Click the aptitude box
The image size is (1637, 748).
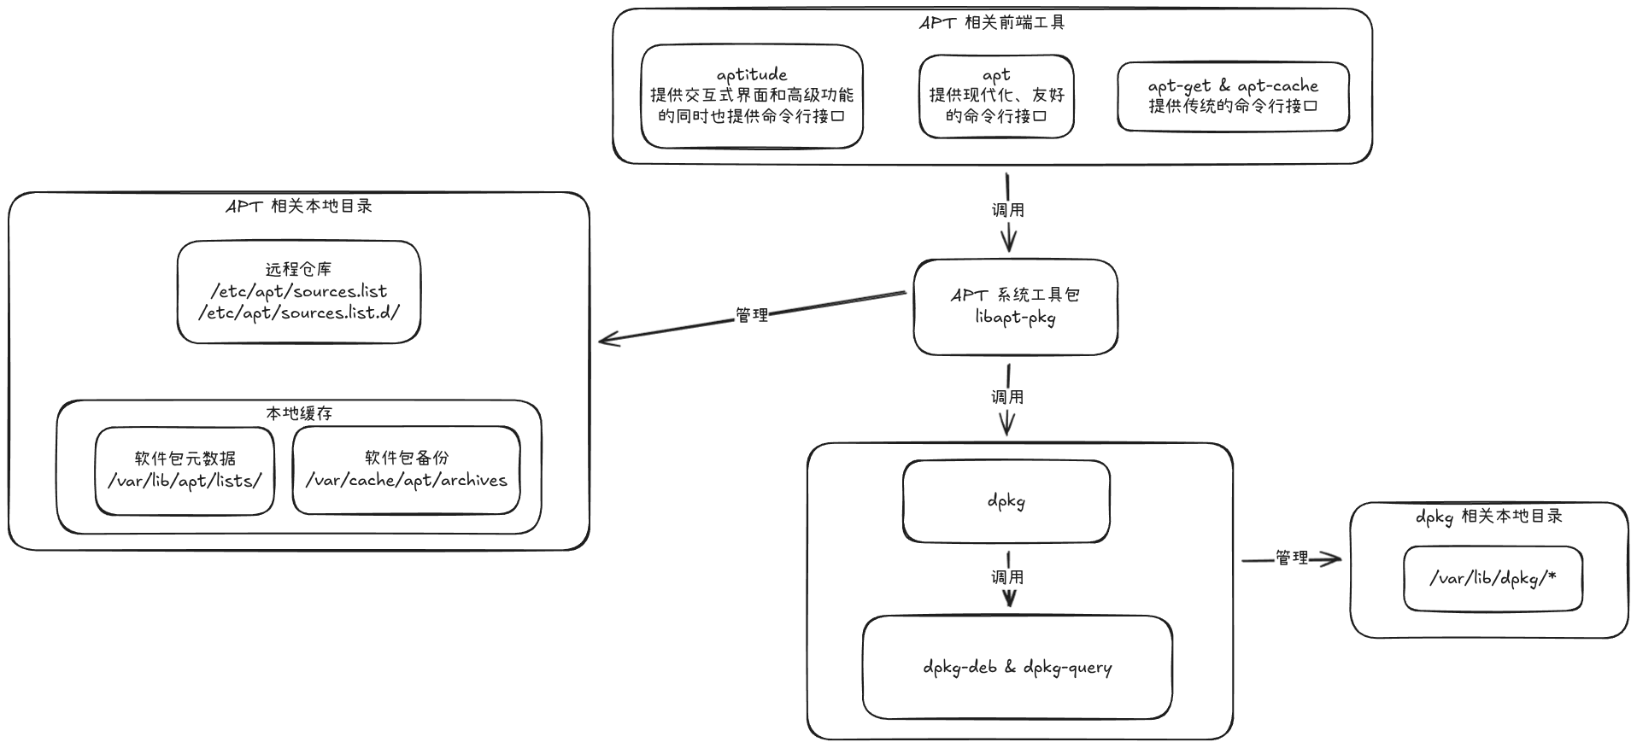click(x=752, y=96)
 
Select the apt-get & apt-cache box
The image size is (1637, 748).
click(x=1233, y=96)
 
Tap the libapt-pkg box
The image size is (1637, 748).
click(x=1015, y=307)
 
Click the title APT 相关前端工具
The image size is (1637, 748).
click(x=992, y=23)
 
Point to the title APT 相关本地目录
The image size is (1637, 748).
click(x=299, y=207)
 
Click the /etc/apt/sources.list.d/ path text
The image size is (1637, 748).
click(x=299, y=313)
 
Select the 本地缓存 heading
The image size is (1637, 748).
click(x=299, y=413)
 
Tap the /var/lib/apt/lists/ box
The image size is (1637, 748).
click(x=185, y=470)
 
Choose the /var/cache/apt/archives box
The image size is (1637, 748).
click(x=406, y=470)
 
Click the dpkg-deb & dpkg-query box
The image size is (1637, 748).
click(x=1017, y=668)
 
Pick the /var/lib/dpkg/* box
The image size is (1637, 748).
click(x=1493, y=579)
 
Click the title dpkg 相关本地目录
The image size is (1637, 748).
click(x=1489, y=517)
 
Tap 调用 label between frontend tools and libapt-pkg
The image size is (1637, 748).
click(x=1008, y=210)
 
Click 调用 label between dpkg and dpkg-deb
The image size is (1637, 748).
click(x=1007, y=577)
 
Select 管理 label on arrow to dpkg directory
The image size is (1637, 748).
click(x=1292, y=558)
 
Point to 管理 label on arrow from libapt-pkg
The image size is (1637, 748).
click(x=752, y=315)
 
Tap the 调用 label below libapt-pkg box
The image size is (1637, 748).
click(x=1007, y=397)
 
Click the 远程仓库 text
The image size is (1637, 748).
click(x=298, y=270)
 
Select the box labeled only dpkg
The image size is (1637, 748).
click(x=1006, y=501)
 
